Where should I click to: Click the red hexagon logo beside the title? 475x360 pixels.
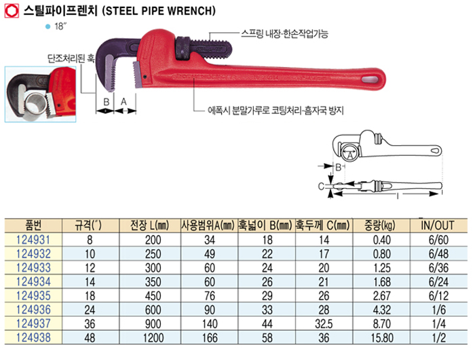coord(12,12)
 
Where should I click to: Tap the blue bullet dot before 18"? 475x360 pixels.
coord(47,26)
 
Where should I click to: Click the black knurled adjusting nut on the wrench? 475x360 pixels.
coord(183,48)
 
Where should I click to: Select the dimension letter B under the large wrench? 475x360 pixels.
coord(106,102)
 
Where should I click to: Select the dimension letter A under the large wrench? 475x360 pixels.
coord(123,102)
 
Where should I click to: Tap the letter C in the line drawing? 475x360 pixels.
coord(321,186)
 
